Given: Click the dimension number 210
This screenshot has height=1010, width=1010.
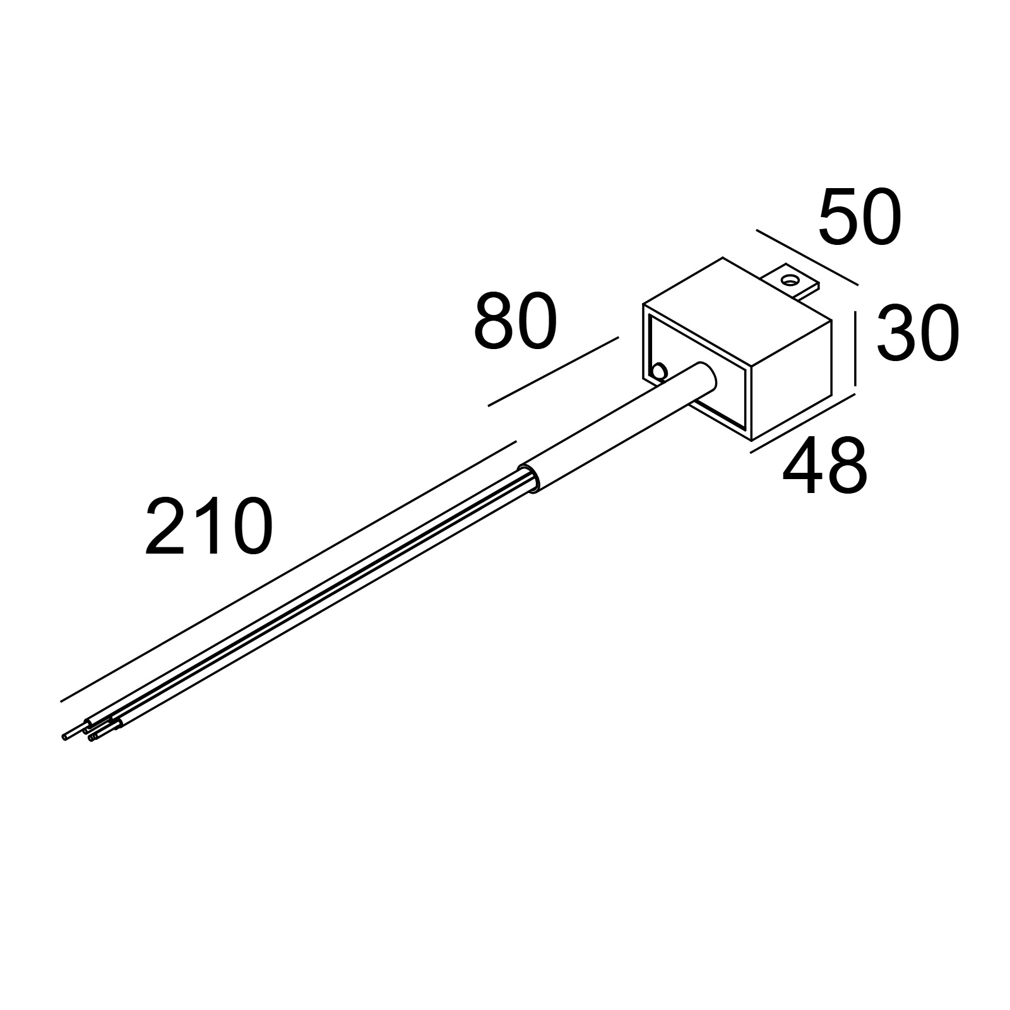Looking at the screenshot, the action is tap(209, 526).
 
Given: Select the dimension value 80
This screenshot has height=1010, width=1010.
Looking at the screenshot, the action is tap(515, 322).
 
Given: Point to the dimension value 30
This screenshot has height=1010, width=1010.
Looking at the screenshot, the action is tap(918, 333).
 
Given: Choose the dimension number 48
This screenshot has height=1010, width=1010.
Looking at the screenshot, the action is tap(824, 467).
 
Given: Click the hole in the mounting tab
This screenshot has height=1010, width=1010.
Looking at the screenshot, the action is tap(789, 279).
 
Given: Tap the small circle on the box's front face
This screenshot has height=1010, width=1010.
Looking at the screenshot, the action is tap(659, 371).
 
